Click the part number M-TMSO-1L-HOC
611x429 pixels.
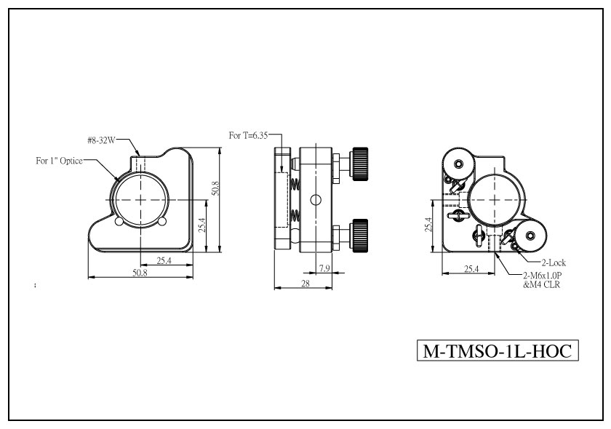tap(498, 350)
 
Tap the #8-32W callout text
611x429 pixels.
tap(101, 140)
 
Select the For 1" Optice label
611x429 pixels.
tap(59, 161)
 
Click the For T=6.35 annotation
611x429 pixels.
tap(248, 135)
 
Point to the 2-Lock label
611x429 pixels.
tap(554, 262)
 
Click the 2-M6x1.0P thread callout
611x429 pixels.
tap(543, 276)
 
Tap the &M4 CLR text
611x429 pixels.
tap(542, 285)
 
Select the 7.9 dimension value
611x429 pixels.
tap(324, 268)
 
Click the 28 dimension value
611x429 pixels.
tap(305, 284)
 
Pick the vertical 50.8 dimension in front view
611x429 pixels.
tap(215, 188)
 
